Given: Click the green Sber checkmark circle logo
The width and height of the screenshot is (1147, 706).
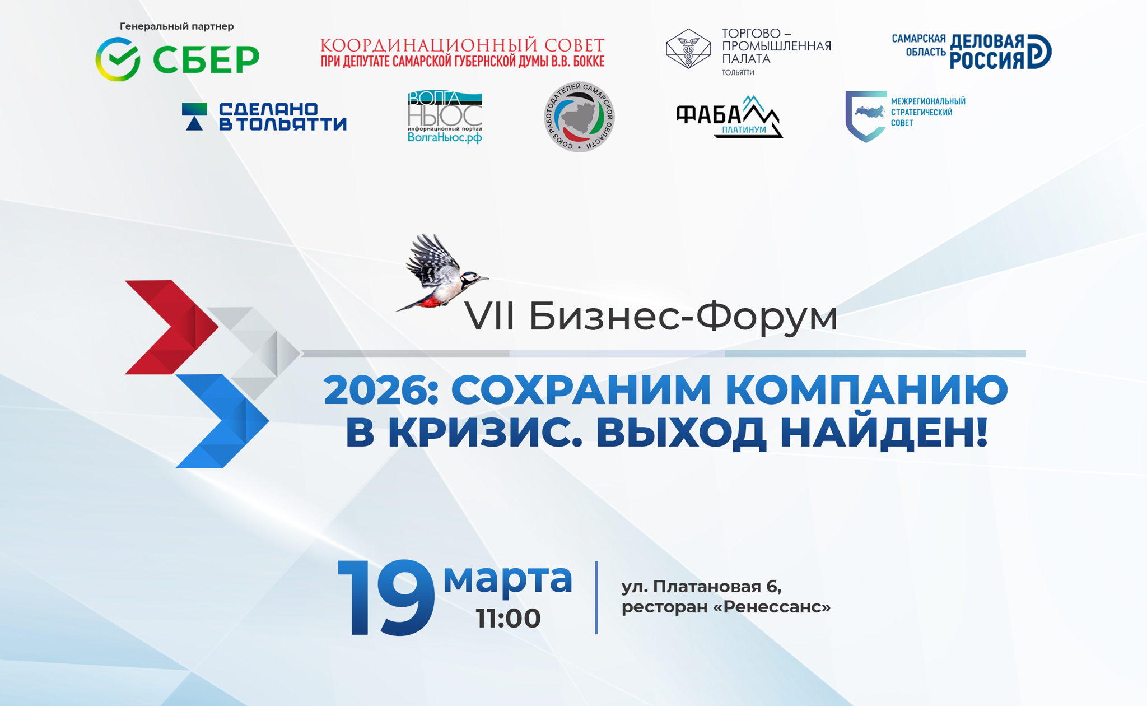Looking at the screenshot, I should [118, 59].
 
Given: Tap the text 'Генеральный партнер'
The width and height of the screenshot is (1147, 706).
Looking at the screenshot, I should [176, 26].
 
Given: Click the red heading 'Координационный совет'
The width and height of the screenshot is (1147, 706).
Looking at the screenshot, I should [462, 45].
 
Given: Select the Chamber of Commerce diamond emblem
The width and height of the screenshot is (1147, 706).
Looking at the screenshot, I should [688, 49].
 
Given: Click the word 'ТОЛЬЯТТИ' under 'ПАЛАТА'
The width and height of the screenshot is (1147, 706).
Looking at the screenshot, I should [738, 72].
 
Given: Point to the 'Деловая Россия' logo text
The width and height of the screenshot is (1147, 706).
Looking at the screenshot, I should [987, 52].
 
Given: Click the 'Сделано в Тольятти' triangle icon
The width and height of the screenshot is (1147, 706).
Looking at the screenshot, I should [194, 117].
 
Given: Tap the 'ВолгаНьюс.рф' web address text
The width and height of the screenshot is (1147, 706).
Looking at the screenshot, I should [445, 137].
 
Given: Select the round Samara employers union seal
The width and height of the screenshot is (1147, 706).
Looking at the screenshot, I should [579, 117].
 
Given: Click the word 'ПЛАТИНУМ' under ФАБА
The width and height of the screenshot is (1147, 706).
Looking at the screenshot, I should [744, 130].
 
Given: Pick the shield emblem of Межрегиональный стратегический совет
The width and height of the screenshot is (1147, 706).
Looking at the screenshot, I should [865, 116].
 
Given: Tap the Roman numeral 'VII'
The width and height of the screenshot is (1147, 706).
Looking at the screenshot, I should [489, 317].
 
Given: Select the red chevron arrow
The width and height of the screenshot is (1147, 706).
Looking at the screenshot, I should [171, 327].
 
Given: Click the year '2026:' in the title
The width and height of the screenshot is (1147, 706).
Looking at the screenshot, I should [381, 390].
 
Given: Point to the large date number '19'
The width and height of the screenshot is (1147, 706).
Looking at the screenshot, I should [386, 598].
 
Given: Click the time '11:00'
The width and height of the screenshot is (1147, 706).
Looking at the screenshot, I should [509, 619].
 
